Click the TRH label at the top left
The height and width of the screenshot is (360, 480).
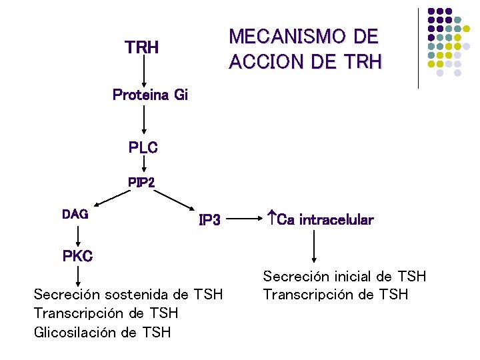(141, 48)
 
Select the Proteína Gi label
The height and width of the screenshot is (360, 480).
(151, 95)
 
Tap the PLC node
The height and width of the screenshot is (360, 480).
(143, 148)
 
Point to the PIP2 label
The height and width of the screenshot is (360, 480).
(141, 181)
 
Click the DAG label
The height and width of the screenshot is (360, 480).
(75, 214)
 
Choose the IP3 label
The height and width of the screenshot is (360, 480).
(209, 219)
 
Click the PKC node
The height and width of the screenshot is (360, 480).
(77, 255)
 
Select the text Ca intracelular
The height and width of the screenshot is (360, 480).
(320, 219)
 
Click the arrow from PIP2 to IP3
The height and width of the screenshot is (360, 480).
(173, 200)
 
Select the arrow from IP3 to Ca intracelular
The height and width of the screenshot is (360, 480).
(244, 218)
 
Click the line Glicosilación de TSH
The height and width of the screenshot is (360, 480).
(102, 331)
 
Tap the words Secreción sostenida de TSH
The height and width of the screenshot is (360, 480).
(128, 294)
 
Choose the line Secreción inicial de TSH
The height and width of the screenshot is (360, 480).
(344, 276)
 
